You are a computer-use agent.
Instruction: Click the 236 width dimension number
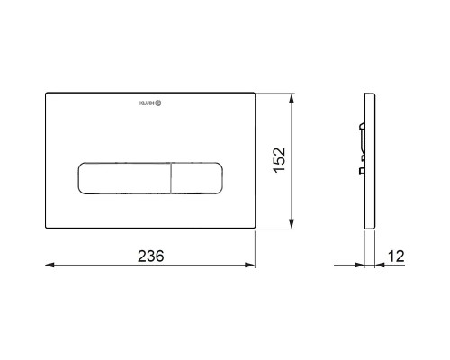[x=151, y=256]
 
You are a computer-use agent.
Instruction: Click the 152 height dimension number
[x=279, y=160]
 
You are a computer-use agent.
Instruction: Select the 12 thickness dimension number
[x=396, y=256]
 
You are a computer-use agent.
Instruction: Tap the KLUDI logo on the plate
[x=150, y=103]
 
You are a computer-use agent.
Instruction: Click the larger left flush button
[x=124, y=178]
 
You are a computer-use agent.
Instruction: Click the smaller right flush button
[x=197, y=178]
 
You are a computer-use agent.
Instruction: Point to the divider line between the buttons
[x=171, y=178]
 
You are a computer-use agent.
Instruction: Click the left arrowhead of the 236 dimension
[x=49, y=265]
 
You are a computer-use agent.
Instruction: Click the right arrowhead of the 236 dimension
[x=250, y=265]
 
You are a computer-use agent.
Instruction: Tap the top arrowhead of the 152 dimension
[x=291, y=98]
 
